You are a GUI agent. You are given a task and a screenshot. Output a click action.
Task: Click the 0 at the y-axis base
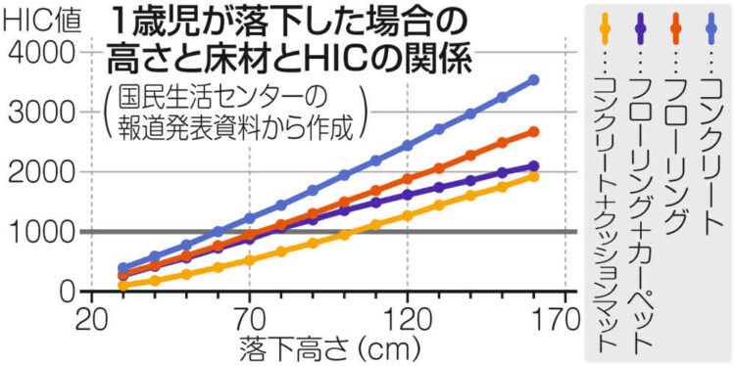coord(66,291)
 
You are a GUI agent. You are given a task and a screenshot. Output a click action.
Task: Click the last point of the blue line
coord(534,80)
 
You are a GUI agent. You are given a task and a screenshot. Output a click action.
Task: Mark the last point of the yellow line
coord(534,176)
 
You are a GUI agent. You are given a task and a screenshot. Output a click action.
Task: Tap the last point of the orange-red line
coord(534,131)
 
